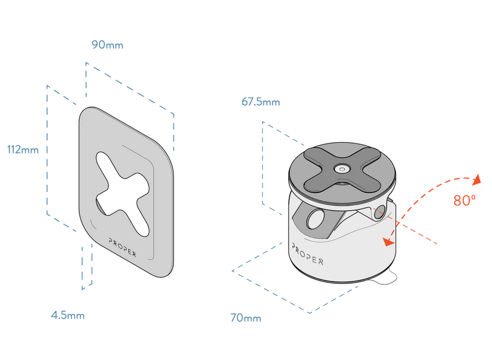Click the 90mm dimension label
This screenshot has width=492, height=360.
point(108,45)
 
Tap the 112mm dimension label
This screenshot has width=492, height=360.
point(23,150)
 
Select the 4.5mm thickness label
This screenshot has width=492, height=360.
point(68,315)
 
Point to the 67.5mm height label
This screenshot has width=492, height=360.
point(260,102)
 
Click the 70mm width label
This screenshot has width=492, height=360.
point(245,318)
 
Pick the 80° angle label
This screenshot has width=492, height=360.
point(464,201)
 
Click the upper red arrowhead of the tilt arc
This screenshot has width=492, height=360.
point(477,179)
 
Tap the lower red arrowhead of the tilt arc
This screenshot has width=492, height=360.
point(389,242)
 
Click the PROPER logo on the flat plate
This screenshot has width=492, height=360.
point(122,247)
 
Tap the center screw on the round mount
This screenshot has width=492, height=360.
point(342,169)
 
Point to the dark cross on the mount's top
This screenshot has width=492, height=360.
point(342,169)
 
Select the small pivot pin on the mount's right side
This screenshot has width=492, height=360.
point(380,212)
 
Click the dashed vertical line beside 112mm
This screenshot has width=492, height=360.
point(47,150)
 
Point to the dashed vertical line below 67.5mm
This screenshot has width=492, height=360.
point(262,163)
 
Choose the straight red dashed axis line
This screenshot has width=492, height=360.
point(405,225)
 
